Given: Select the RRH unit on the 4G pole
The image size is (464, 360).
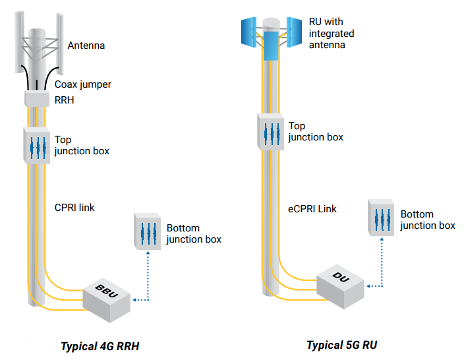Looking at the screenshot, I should pos(38,99).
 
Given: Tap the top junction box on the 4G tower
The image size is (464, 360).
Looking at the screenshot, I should pos(37,145).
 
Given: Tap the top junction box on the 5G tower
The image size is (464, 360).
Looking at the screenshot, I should pos(270,131).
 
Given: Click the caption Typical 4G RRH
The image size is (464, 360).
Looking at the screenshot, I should pos(100,346).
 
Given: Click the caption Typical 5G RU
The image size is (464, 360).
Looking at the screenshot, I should pos(341,345).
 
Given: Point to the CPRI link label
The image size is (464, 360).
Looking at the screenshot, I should pos(74,208).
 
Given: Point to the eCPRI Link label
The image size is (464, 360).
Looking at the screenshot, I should pos(312,209).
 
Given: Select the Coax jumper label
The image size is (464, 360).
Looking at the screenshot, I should pos(83,84).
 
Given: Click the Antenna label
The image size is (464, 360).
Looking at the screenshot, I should pos(86,46).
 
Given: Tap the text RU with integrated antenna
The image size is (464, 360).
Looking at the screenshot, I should pos(332,33).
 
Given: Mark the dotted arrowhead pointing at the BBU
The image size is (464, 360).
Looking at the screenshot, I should pos(134,300).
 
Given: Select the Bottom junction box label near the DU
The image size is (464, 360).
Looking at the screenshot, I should pos(428,220).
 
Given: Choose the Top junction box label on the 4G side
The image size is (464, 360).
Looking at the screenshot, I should pos(82,146).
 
